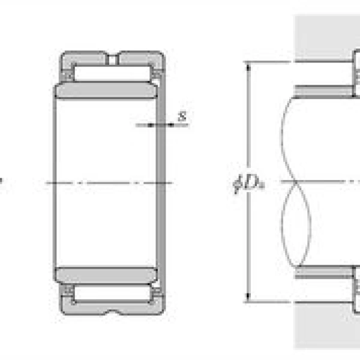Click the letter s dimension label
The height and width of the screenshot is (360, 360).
coord(182,116)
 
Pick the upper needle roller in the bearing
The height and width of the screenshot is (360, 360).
coord(112,73)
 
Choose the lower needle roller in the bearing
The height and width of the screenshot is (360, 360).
coord(112,292)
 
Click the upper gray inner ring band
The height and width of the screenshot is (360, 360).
coord(107,91)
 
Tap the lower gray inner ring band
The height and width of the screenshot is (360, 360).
coord(107,275)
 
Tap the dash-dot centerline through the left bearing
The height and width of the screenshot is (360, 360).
coord(108,182)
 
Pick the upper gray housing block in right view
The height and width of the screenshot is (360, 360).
coord(324,36)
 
